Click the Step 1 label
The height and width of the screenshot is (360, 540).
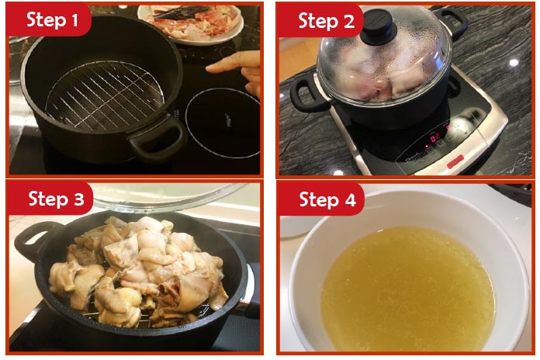(52, 20)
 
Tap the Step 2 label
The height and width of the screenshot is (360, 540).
(326, 22)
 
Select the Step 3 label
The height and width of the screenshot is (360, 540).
(56, 199)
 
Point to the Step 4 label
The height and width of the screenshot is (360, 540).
(327, 199)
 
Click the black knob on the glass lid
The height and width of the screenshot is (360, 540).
(379, 25)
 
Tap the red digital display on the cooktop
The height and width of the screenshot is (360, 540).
(436, 136)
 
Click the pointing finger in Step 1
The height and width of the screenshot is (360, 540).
(234, 69)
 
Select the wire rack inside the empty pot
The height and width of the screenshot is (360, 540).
(105, 95)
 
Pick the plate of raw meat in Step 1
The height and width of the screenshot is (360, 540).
(191, 22)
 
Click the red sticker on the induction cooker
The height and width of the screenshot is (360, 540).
(455, 162)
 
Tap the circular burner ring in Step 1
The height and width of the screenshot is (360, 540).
(223, 123)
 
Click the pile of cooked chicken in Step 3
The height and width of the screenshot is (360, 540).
(138, 271)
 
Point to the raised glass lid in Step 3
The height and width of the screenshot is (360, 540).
(169, 196)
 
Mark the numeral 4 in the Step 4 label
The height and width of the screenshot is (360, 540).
(350, 200)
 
